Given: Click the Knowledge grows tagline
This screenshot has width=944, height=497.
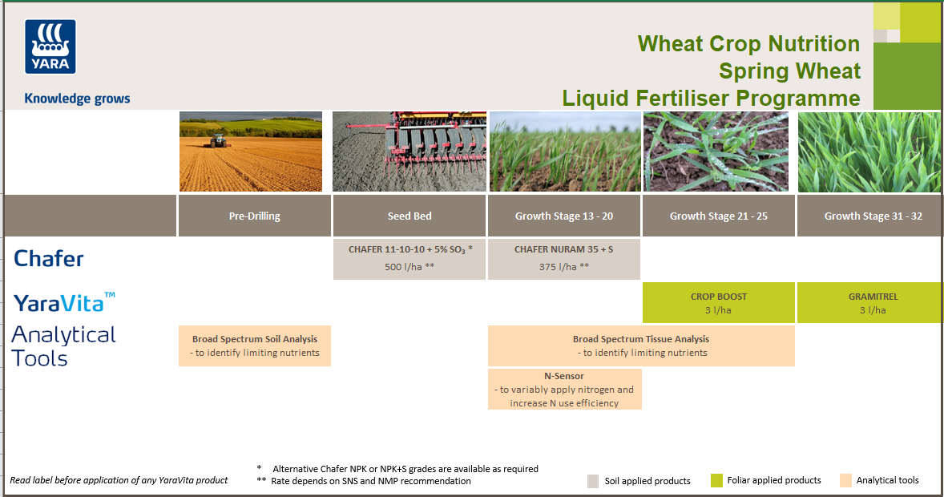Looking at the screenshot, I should click(77, 99).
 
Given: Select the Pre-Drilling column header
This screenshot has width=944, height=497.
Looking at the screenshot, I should click(254, 216).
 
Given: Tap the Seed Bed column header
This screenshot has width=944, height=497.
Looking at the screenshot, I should click(409, 216).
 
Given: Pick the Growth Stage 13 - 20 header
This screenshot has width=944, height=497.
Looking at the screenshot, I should click(564, 216).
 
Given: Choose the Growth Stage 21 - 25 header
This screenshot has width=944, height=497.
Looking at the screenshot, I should click(719, 216).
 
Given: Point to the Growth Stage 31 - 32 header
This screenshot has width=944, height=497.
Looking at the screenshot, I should click(869, 216).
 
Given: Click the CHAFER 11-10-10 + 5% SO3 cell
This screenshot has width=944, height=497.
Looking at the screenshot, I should click(409, 258).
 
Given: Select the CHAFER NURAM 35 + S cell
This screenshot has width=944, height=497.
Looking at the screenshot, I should click(564, 258).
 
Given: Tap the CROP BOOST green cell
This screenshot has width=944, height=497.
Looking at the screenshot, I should click(719, 302).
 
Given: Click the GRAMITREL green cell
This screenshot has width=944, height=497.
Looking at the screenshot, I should click(869, 302).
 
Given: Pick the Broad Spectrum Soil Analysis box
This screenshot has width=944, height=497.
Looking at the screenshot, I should click(255, 345).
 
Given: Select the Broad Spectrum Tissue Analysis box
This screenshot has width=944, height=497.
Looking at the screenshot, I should click(641, 345).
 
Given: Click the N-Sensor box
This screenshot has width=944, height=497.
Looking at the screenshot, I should click(564, 389).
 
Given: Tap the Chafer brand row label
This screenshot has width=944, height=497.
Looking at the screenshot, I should click(49, 258).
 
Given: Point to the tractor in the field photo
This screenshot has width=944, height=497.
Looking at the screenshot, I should click(217, 141).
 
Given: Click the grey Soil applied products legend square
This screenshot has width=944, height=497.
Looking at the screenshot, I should click(593, 481).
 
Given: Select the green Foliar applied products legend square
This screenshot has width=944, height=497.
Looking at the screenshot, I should click(716, 481).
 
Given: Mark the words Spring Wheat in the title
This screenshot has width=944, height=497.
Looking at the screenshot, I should click(789, 71).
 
